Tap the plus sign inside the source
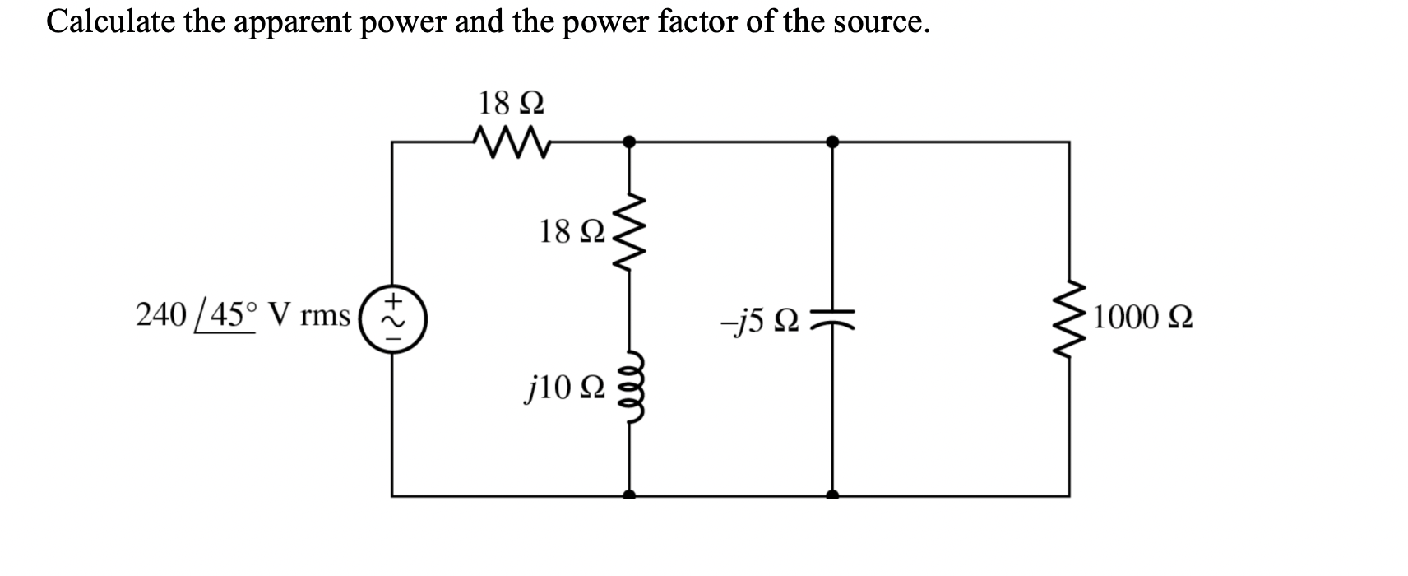394,298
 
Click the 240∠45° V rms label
243,315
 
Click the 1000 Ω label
1142,317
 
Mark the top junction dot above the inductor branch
629,142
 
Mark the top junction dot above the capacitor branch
832,142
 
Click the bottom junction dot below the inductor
629,495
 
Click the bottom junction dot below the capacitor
832,495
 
